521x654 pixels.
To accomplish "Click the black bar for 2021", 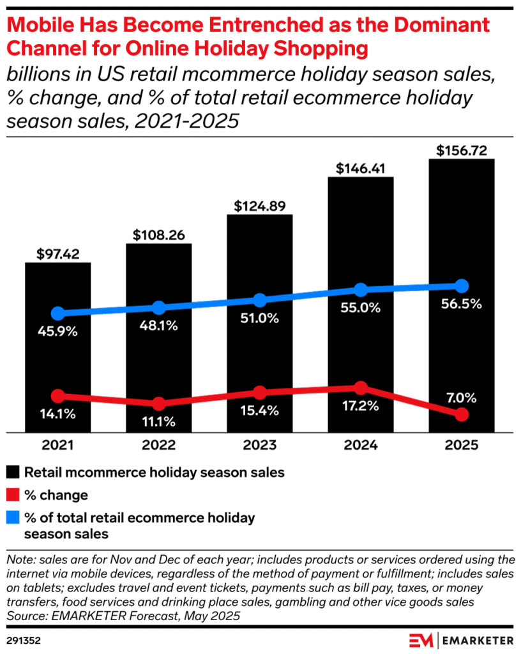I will pyautogui.click(x=58, y=358).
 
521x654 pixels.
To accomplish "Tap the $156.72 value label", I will pyautogui.click(x=462, y=151).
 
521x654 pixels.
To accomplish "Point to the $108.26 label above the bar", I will pyautogui.click(x=159, y=235).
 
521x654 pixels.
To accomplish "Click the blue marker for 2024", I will pyautogui.click(x=361, y=289).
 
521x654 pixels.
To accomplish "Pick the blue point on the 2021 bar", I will pyautogui.click(x=58, y=314).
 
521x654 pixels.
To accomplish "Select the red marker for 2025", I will pyautogui.click(x=462, y=415).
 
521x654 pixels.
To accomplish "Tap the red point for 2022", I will pyautogui.click(x=159, y=404).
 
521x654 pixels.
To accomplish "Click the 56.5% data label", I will pyautogui.click(x=462, y=304).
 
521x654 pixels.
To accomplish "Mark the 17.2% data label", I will pyautogui.click(x=361, y=406).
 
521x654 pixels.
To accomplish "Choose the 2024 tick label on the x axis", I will pyautogui.click(x=361, y=446).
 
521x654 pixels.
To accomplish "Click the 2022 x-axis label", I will pyautogui.click(x=159, y=446).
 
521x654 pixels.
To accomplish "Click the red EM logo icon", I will pyautogui.click(x=421, y=639).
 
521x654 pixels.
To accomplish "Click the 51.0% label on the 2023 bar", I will pyautogui.click(x=260, y=319).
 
